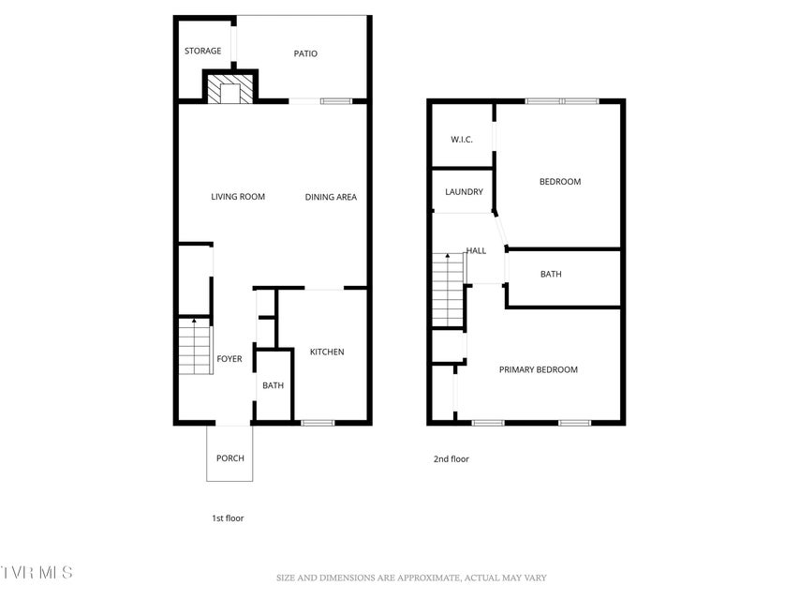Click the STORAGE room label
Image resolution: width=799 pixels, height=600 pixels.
[203, 51]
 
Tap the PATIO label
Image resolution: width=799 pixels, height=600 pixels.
[305, 53]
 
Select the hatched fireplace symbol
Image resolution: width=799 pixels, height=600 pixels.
[230, 89]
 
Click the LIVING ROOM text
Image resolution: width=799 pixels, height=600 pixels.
[238, 197]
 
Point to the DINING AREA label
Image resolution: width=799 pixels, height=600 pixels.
[331, 197]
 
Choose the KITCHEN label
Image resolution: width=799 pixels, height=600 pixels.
[327, 352]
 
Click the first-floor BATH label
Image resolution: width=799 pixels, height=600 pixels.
[274, 385]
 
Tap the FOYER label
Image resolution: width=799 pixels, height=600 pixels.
[229, 359]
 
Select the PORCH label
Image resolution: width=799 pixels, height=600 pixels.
[230, 458]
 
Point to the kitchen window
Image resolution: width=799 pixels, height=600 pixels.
[318, 423]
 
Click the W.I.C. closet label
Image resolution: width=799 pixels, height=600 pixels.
[462, 140]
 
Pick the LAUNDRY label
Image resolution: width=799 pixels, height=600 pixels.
[464, 192]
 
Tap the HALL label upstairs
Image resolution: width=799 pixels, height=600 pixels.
[477, 250]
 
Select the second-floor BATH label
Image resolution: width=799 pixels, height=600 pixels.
[551, 274]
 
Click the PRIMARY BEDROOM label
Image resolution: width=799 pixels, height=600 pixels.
[538, 369]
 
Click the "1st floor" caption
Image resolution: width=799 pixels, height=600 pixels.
[228, 517]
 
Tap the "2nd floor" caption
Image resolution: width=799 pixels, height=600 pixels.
[451, 458]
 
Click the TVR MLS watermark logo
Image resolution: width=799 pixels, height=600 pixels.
[37, 573]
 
